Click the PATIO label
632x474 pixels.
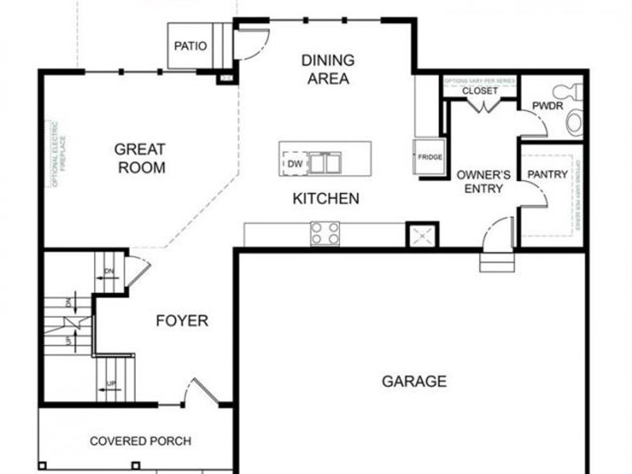tap(190, 46)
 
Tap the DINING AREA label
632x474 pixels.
tap(328, 70)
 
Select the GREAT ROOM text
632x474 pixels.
tap(140, 158)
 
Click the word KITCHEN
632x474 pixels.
tap(326, 199)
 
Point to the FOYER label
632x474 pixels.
tap(182, 321)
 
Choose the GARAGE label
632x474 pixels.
tap(414, 381)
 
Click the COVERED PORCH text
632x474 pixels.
tap(140, 441)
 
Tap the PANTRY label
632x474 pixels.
tap(546, 174)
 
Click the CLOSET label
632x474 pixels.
tap(480, 91)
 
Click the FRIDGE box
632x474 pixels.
tap(430, 157)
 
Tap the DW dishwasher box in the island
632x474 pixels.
tap(294, 164)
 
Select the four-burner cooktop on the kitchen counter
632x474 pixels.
tap(325, 233)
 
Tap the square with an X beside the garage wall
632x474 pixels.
tap(422, 235)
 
